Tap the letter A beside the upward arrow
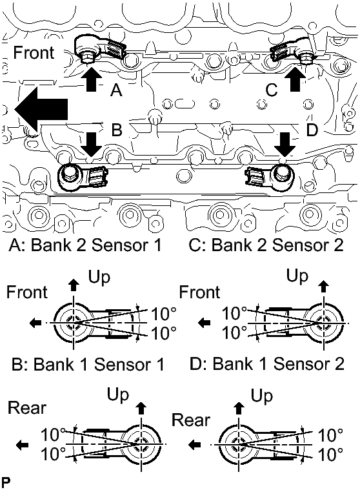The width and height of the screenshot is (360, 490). (x=116, y=90)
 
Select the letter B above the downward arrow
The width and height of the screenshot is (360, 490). (x=117, y=129)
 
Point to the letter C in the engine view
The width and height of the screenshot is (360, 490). (x=272, y=90)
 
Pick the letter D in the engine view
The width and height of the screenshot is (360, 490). (x=312, y=130)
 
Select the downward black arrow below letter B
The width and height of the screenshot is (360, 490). (x=90, y=145)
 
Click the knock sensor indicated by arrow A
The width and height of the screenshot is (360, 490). (x=99, y=48)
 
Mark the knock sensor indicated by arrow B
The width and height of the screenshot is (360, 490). (x=82, y=177)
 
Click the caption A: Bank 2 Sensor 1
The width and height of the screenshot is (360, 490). (x=85, y=245)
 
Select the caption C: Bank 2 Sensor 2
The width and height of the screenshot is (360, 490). (x=266, y=245)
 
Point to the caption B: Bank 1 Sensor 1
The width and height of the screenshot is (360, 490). (x=88, y=364)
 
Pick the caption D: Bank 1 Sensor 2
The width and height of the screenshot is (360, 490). (x=267, y=364)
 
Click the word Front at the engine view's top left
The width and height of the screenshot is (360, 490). (x=34, y=52)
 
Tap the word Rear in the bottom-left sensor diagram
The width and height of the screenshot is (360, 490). (x=27, y=408)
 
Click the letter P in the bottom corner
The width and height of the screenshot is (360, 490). (x=6, y=482)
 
